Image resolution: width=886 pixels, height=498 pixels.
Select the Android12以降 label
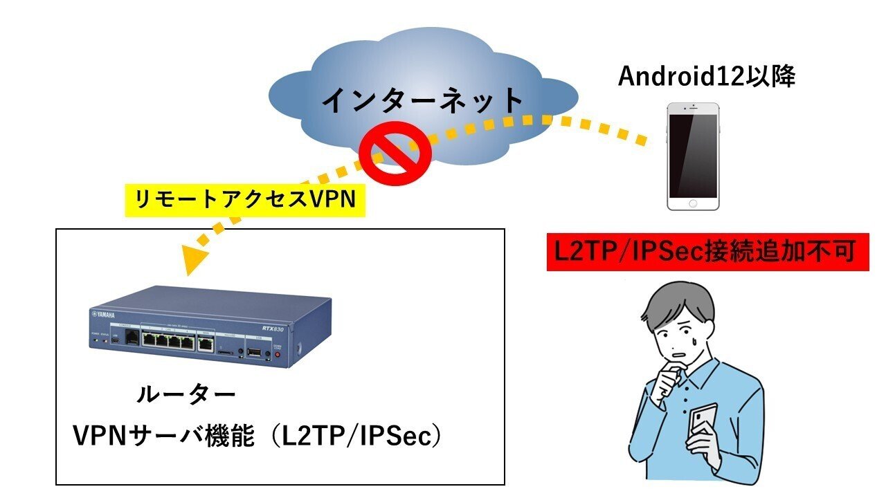tap(707, 77)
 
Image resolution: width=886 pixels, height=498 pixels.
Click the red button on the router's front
tap(278, 355)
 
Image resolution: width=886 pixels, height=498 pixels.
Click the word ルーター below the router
tap(186, 396)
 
